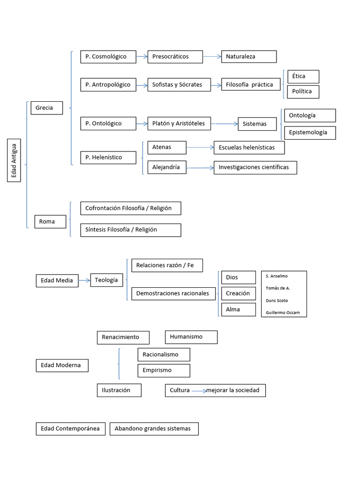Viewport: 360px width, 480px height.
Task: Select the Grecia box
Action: point(46,108)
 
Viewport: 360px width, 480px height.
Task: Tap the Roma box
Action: point(51,221)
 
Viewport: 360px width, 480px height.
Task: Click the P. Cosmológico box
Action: point(108,57)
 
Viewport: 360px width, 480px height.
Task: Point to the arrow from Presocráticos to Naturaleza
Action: point(212,57)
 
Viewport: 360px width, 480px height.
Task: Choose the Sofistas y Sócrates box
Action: point(179,85)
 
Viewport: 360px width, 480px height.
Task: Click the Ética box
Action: point(303,76)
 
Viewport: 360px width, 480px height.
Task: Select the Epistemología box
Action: point(309,133)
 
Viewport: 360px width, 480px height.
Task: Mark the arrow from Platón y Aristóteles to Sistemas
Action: point(225,124)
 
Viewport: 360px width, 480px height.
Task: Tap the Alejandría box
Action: point(166,167)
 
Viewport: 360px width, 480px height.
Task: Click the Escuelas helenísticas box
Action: point(249,148)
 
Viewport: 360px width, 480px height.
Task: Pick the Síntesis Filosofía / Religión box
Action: point(130,230)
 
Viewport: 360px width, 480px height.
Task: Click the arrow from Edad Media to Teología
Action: point(84,280)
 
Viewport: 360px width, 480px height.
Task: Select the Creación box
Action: point(238,293)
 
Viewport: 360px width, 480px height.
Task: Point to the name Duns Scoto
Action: point(277,300)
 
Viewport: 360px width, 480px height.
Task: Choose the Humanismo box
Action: point(191,337)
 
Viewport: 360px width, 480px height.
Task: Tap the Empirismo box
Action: point(164,370)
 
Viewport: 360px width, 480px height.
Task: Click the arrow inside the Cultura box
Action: point(199,390)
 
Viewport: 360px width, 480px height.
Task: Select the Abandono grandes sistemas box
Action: point(153,428)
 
